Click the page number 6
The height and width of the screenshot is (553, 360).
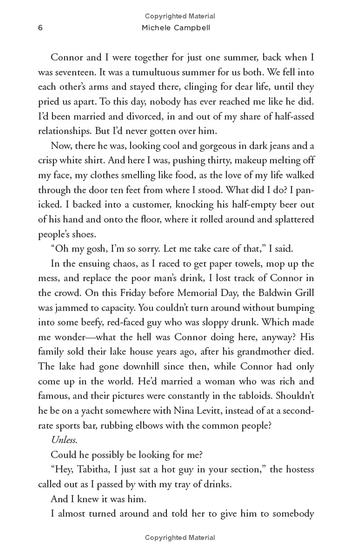coord(40,28)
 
